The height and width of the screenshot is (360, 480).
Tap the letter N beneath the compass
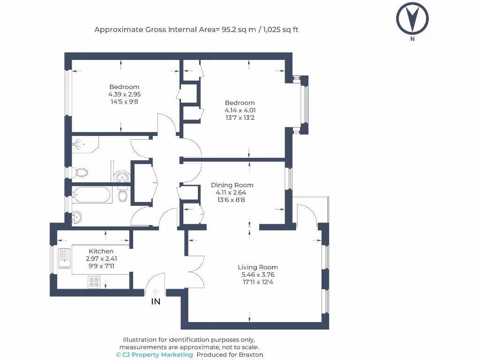pos(412,39)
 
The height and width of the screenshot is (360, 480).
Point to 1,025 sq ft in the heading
pos(281,30)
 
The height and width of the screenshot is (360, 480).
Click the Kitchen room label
pos(101,251)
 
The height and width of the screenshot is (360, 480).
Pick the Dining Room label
pos(232,185)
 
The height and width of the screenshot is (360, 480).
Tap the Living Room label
pos(257,267)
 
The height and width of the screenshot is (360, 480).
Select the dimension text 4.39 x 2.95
pos(124,94)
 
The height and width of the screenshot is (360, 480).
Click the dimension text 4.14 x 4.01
pos(240,110)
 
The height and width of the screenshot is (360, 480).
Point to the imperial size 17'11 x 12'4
pos(257,282)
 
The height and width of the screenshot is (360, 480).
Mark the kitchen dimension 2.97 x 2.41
pos(101,259)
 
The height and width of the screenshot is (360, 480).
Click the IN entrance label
pos(156,302)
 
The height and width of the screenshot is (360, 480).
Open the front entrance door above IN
pos(155,285)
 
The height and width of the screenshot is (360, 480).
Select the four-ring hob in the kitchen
pos(94,282)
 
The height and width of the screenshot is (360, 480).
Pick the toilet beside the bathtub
pos(123,195)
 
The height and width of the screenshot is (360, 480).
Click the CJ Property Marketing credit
pos(154,355)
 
